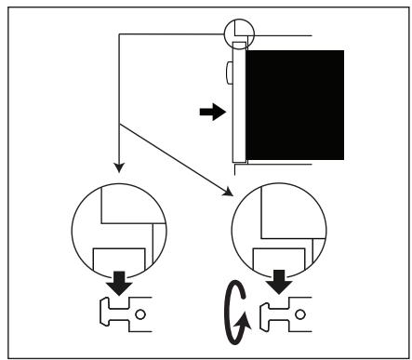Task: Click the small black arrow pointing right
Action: tap(213, 113)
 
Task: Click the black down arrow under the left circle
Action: tap(120, 281)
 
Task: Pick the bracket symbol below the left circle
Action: tap(122, 313)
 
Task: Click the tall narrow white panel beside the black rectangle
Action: tap(238, 102)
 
